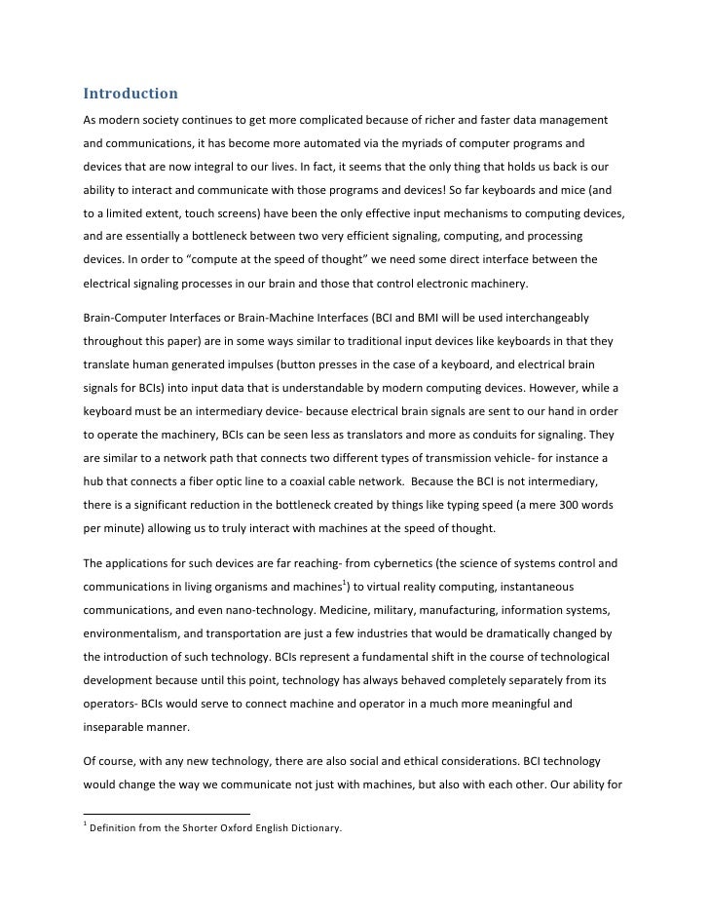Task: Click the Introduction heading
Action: click(130, 95)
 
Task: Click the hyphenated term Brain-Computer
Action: click(127, 318)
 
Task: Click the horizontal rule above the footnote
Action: click(166, 813)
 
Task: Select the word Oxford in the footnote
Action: click(226, 829)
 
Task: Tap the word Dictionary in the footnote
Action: click(311, 829)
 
